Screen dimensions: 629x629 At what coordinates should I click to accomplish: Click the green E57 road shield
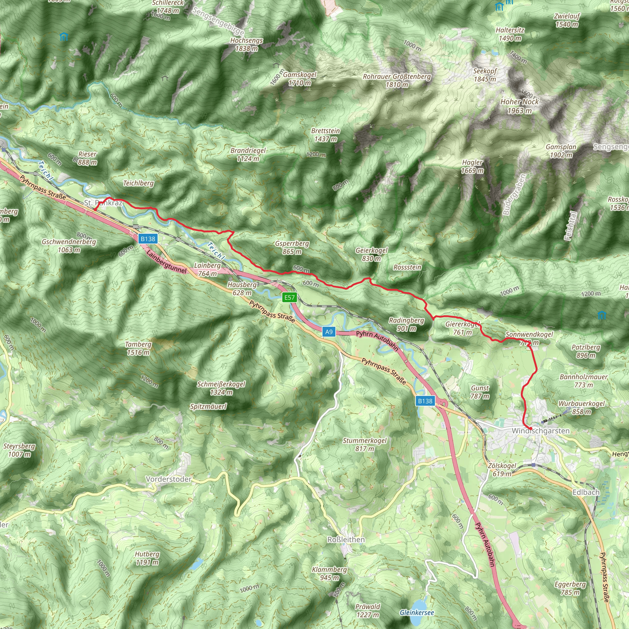(289, 297)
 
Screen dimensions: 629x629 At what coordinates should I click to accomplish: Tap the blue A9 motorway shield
(329, 332)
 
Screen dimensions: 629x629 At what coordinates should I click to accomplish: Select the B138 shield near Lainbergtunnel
(148, 239)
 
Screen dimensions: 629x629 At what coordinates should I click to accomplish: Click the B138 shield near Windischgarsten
(425, 401)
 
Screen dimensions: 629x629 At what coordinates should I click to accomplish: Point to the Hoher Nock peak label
(519, 106)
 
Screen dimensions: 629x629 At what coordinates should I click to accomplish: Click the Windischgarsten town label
(541, 431)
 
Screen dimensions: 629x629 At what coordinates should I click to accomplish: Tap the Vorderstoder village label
(169, 479)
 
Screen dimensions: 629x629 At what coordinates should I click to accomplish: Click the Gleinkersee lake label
(417, 612)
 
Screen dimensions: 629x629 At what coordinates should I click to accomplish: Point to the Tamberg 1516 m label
(139, 348)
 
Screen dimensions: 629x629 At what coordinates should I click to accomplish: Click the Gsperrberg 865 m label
(292, 248)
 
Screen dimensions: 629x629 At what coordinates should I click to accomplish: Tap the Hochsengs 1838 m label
(246, 45)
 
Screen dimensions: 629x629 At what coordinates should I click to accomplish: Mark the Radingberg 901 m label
(407, 324)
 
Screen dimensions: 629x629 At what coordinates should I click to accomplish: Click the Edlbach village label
(586, 492)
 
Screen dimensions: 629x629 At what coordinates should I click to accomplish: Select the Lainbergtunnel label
(166, 262)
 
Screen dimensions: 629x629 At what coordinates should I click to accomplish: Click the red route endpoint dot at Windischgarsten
(530, 428)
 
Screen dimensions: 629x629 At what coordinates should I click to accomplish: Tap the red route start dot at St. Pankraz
(95, 210)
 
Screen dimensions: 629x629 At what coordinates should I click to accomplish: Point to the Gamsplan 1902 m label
(561, 151)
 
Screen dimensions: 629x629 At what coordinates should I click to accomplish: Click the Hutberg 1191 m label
(147, 558)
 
